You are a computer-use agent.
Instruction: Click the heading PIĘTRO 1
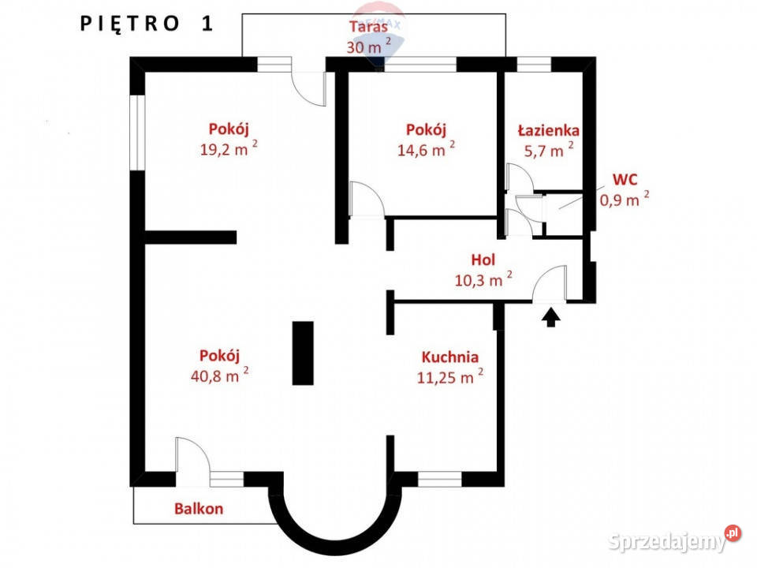click(147, 24)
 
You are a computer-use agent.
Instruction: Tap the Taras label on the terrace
click(368, 26)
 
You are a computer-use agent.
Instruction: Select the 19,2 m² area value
click(229, 149)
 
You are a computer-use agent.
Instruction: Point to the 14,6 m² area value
click(426, 149)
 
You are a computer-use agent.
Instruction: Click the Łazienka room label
click(549, 130)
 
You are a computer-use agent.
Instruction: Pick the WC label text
click(625, 180)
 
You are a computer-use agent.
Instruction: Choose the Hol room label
click(483, 260)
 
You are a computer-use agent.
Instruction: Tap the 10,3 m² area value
click(483, 279)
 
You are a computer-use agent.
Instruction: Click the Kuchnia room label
click(450, 357)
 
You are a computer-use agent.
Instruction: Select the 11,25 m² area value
click(450, 376)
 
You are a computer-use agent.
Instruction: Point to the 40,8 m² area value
click(220, 375)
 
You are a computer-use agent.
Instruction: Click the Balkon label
click(199, 509)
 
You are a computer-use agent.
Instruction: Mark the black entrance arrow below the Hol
click(551, 318)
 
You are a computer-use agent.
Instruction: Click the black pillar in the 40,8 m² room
click(303, 353)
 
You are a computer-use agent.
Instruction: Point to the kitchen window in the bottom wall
click(440, 479)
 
